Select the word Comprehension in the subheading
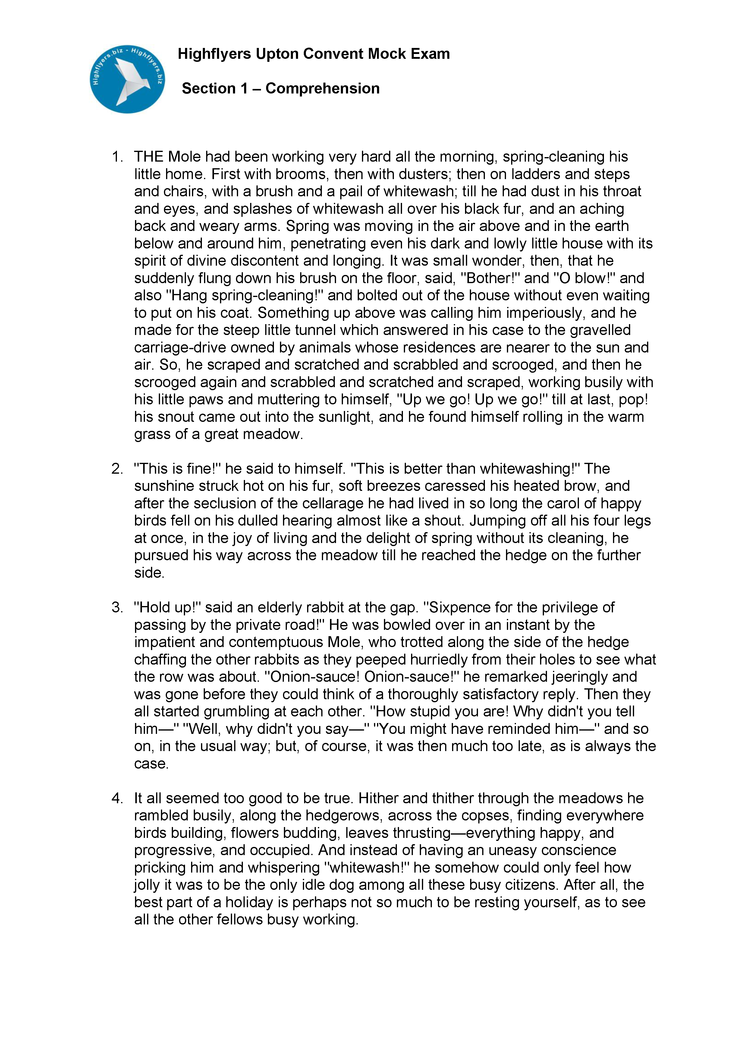(322, 88)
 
